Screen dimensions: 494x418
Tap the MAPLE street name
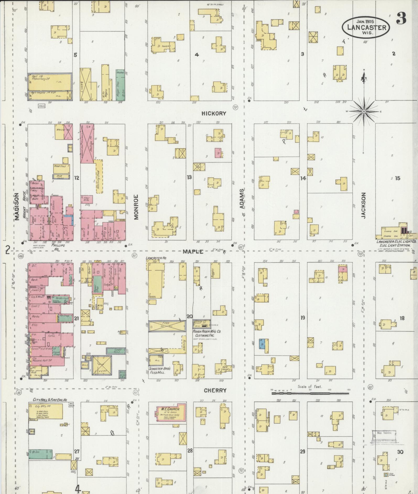pyautogui.click(x=193, y=252)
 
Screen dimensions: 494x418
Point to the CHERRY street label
pyautogui.click(x=215, y=391)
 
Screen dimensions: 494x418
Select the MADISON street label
pyautogui.click(x=17, y=207)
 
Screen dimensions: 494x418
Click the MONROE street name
pyautogui.click(x=136, y=207)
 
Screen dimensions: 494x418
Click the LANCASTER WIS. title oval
pyautogui.click(x=366, y=27)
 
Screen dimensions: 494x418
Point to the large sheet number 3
pyautogui.click(x=401, y=18)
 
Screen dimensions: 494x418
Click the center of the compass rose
pyautogui.click(x=364, y=112)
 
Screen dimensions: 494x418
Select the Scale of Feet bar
pyautogui.click(x=310, y=393)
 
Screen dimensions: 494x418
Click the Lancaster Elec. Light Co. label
pyautogui.click(x=396, y=242)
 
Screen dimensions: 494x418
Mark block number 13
pyautogui.click(x=189, y=177)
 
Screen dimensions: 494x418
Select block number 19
pyautogui.click(x=303, y=318)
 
